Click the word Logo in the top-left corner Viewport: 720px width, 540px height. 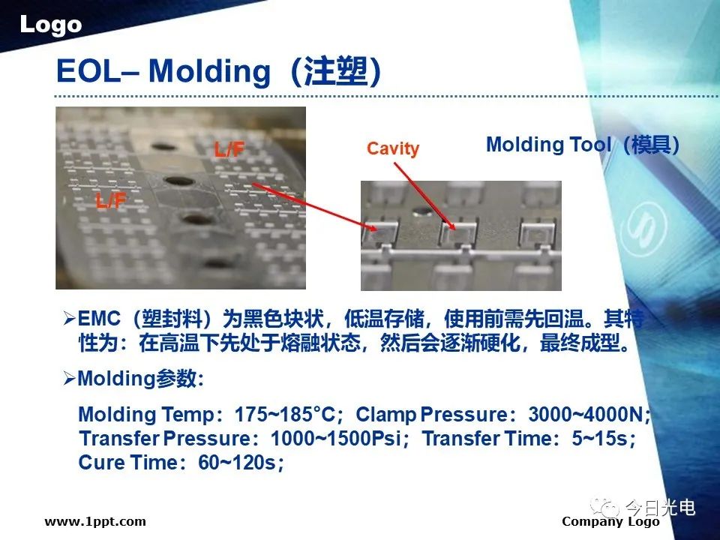pyautogui.click(x=50, y=25)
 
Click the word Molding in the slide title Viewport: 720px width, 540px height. pyautogui.click(x=209, y=72)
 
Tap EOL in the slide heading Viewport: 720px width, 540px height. pyautogui.click(x=88, y=72)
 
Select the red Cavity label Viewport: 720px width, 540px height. pyautogui.click(x=392, y=148)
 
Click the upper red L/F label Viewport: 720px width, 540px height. pyautogui.click(x=229, y=149)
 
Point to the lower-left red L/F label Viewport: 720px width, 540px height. pyautogui.click(x=111, y=201)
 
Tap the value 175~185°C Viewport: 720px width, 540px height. pyautogui.click(x=285, y=414)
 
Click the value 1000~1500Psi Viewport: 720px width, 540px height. pyautogui.click(x=336, y=439)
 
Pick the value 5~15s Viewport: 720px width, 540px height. pyautogui.click(x=599, y=439)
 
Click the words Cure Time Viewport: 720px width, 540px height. pyautogui.click(x=127, y=463)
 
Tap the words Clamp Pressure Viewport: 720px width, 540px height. pyautogui.click(x=431, y=414)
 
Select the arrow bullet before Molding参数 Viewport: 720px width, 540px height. pyautogui.click(x=69, y=379)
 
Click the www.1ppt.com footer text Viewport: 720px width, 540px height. pyautogui.click(x=95, y=522)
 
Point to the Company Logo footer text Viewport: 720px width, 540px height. pyautogui.click(x=610, y=522)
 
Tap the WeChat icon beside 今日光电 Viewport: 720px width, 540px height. pyautogui.click(x=605, y=508)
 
